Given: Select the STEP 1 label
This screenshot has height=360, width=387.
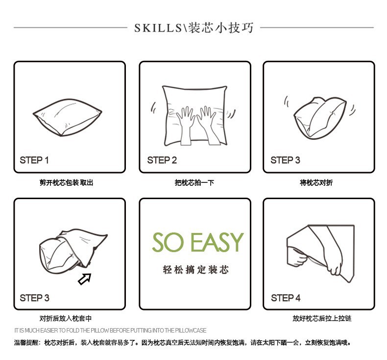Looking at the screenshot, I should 34,160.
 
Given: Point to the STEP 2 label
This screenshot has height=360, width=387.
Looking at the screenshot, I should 162,160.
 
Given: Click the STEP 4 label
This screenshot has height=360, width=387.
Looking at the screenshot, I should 286,298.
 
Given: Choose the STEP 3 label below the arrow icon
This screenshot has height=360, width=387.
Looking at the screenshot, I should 34,298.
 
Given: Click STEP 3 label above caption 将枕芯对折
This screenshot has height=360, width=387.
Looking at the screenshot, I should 285,160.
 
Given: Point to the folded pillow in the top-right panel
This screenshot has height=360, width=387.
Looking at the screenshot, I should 318,115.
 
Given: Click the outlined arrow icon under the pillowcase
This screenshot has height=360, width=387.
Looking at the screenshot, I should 85,279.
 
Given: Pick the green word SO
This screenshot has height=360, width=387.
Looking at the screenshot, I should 168,242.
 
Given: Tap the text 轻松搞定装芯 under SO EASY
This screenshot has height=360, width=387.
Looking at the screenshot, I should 195,270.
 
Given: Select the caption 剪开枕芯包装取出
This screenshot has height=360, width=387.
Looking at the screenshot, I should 66,183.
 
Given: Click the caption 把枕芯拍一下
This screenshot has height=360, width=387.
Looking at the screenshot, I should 194,183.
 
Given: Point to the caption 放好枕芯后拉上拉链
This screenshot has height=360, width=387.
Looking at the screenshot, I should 322,318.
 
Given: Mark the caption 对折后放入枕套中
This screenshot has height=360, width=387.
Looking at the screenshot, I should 66,318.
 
